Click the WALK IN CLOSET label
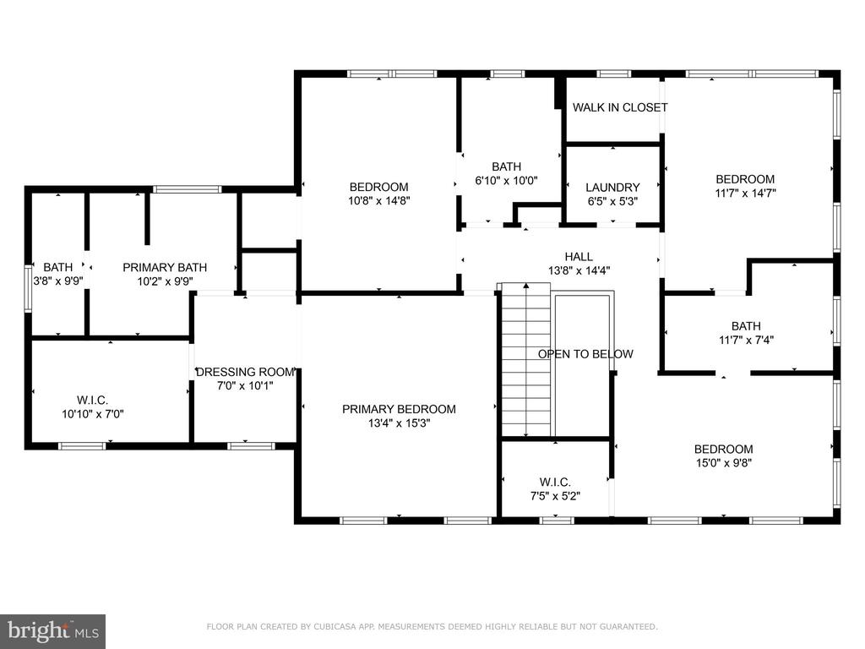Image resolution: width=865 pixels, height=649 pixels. pyautogui.click(x=620, y=107)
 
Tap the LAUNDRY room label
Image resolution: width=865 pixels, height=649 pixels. pyautogui.click(x=612, y=188)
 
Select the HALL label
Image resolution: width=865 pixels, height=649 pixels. pyautogui.click(x=579, y=257)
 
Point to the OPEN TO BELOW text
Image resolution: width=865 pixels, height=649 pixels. pyautogui.click(x=585, y=354)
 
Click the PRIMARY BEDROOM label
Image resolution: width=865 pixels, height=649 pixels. pyautogui.click(x=399, y=409)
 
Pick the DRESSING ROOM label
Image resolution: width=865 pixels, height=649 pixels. pyautogui.click(x=245, y=372)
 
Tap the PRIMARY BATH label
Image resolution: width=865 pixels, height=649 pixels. pyautogui.click(x=165, y=267)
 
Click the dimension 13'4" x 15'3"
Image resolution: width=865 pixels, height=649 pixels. pyautogui.click(x=399, y=423)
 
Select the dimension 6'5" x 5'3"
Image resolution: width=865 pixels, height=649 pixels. pyautogui.click(x=612, y=201)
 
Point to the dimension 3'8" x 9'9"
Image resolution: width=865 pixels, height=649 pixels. pyautogui.click(x=58, y=281)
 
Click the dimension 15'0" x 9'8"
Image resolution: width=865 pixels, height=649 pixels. pyautogui.click(x=723, y=463)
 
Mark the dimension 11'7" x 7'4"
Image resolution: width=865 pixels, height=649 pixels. pyautogui.click(x=746, y=340)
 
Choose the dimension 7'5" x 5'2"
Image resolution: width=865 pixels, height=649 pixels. pyautogui.click(x=555, y=496)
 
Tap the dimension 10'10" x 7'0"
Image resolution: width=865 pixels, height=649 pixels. pyautogui.click(x=93, y=414)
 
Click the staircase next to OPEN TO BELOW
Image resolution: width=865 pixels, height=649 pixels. pyautogui.click(x=525, y=360)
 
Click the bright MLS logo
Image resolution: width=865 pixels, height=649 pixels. pyautogui.click(x=53, y=631)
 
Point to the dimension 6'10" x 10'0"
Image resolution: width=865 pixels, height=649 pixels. pyautogui.click(x=507, y=181)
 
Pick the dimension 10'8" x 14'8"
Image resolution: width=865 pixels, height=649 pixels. pyautogui.click(x=379, y=201)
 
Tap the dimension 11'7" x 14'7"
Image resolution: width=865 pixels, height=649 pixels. pyautogui.click(x=745, y=194)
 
